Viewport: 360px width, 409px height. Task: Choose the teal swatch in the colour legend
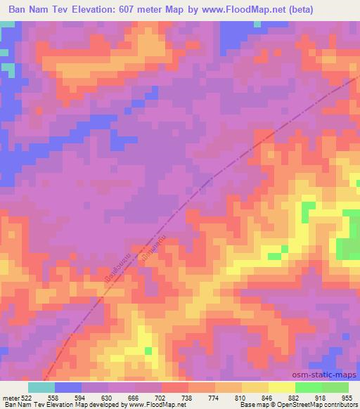coord(41,387)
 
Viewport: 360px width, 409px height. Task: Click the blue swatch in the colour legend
coord(68,387)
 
